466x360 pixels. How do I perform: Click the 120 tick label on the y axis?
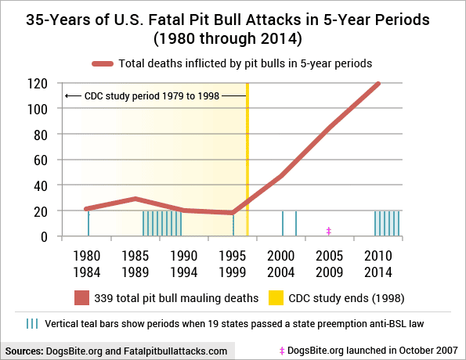[x=38, y=84]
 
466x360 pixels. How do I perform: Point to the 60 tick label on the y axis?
[x=41, y=160]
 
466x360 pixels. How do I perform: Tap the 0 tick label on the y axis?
[x=44, y=237]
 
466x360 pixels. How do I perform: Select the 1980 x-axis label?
[x=87, y=256]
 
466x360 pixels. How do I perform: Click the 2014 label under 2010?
[x=378, y=272]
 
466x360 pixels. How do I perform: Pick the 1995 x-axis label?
[x=233, y=256]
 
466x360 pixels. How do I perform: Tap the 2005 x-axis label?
[x=329, y=256]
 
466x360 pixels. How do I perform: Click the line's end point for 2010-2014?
[x=378, y=84]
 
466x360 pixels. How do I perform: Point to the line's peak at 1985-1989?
[x=135, y=199]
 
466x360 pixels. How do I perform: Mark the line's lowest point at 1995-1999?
[x=233, y=213]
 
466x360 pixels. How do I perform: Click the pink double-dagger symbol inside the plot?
[x=329, y=231]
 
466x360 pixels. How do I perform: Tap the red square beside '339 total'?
[x=81, y=298]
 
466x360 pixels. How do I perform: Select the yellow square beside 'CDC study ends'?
[x=276, y=298]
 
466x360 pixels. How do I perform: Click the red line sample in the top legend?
[x=103, y=64]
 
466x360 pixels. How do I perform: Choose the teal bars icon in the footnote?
[x=32, y=324]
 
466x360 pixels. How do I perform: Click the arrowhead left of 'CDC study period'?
[x=67, y=96]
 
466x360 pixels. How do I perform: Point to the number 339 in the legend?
[x=103, y=298]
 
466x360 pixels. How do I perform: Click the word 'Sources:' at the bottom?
[x=24, y=351]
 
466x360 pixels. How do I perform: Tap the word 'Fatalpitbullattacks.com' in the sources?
[x=175, y=351]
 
